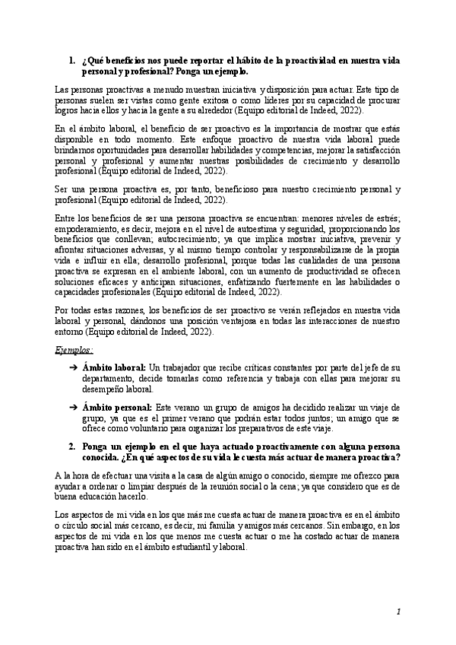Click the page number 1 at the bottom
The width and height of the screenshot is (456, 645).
point(397,612)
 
